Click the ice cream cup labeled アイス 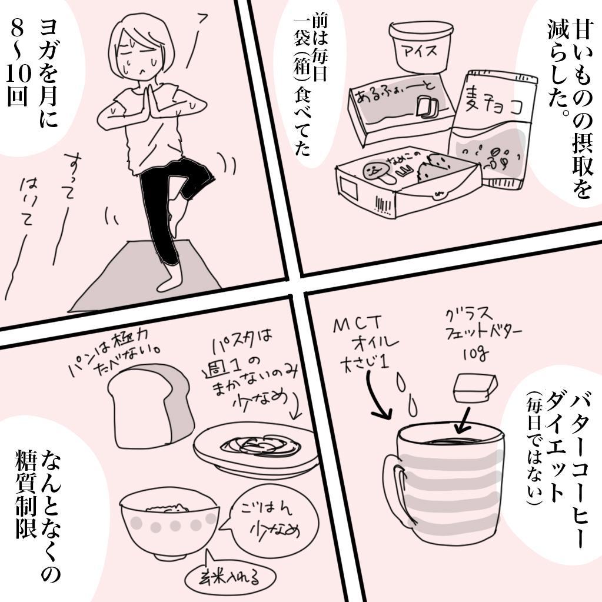(422, 48)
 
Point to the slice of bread (150, 406)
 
